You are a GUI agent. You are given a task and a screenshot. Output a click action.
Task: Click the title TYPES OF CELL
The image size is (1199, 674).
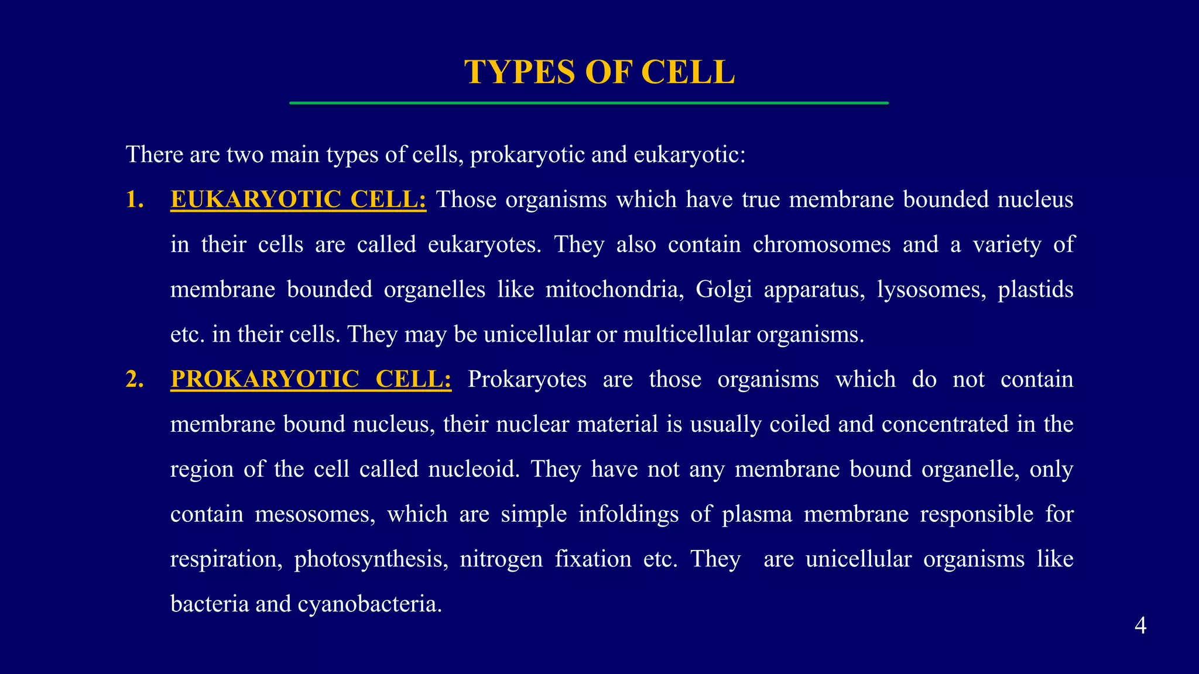[599, 72]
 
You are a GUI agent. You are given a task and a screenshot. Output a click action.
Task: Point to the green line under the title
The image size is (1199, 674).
[588, 103]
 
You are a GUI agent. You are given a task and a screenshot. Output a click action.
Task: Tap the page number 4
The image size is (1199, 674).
[1140, 626]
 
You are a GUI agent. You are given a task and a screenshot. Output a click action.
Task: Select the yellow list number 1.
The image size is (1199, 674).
[135, 200]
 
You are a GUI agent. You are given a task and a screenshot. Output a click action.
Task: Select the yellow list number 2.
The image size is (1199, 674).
[135, 379]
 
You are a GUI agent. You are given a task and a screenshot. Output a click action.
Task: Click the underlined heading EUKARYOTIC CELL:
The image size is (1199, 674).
[298, 200]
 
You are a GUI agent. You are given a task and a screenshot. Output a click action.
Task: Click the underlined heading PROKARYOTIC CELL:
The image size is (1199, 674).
[311, 379]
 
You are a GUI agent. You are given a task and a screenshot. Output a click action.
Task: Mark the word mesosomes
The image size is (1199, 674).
[315, 514]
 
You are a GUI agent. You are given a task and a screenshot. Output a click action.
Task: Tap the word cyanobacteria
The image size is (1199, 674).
[369, 604]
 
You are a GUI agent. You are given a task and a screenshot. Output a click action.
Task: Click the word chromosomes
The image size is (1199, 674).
[821, 245]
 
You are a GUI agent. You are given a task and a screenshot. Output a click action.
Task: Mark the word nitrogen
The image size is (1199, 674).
[501, 559]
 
